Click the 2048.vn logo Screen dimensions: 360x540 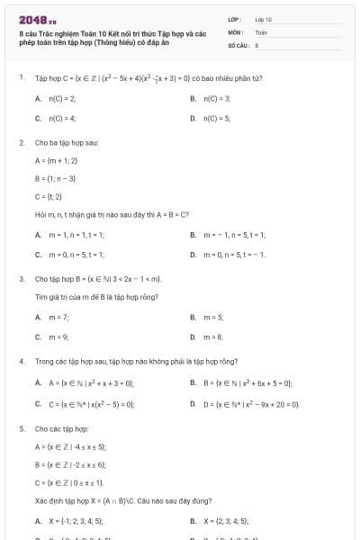31,19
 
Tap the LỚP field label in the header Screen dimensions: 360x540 235,18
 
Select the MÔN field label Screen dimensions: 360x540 236,31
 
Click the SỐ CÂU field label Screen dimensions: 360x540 238,43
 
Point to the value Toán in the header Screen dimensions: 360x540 261,31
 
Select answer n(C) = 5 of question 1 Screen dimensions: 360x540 218,118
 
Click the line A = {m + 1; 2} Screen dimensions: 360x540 57,160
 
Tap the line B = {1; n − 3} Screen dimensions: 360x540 56,178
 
